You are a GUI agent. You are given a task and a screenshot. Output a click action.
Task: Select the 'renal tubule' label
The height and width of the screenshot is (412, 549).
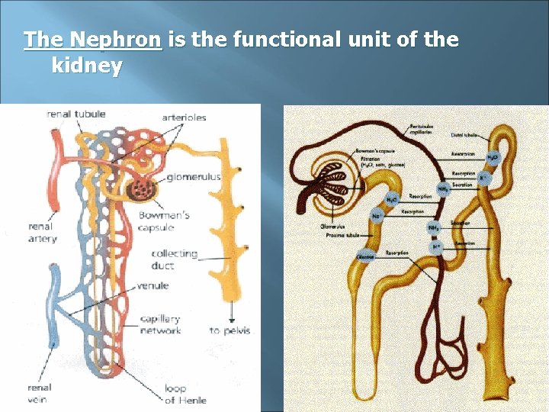tap(76, 114)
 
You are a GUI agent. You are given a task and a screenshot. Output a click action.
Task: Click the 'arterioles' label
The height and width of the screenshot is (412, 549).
tap(184, 117)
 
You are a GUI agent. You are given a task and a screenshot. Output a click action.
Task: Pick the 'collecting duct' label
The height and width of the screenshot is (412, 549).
tap(174, 259)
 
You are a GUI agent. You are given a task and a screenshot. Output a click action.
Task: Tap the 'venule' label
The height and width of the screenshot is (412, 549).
tap(152, 286)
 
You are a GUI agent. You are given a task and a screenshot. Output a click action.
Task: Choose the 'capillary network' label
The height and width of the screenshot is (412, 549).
tap(160, 324)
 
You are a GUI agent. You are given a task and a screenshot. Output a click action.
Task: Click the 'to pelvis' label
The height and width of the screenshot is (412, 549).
tap(230, 330)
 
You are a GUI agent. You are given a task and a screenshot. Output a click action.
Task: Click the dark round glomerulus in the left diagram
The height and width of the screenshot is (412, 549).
tap(140, 188)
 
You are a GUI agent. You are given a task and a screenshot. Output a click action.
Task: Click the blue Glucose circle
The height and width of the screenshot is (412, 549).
tap(366, 257)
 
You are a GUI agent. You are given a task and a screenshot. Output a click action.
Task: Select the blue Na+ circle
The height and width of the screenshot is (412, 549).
tap(377, 217)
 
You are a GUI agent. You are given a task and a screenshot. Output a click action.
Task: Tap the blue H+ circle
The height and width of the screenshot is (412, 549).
tap(437, 246)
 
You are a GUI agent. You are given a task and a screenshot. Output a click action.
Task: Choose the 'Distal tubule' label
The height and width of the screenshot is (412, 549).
tap(465, 135)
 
